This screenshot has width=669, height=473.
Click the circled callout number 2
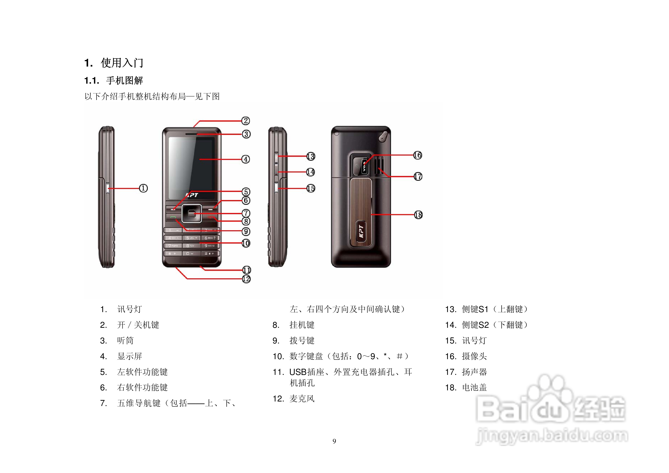(246, 121)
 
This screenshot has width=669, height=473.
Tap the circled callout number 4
(246, 159)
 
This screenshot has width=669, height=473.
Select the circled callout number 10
(246, 243)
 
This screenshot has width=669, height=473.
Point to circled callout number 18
(418, 215)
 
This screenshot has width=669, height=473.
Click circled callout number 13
(311, 156)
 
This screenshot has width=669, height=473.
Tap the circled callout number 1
(143, 188)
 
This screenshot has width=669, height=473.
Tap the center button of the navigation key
(191, 214)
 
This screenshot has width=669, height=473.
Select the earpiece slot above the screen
(191, 134)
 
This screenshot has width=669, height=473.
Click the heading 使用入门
(122, 63)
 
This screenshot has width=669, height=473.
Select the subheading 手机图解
(124, 80)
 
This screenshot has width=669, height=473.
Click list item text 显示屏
(129, 356)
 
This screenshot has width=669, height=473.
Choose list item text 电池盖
(474, 387)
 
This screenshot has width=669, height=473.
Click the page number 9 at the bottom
(334, 441)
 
